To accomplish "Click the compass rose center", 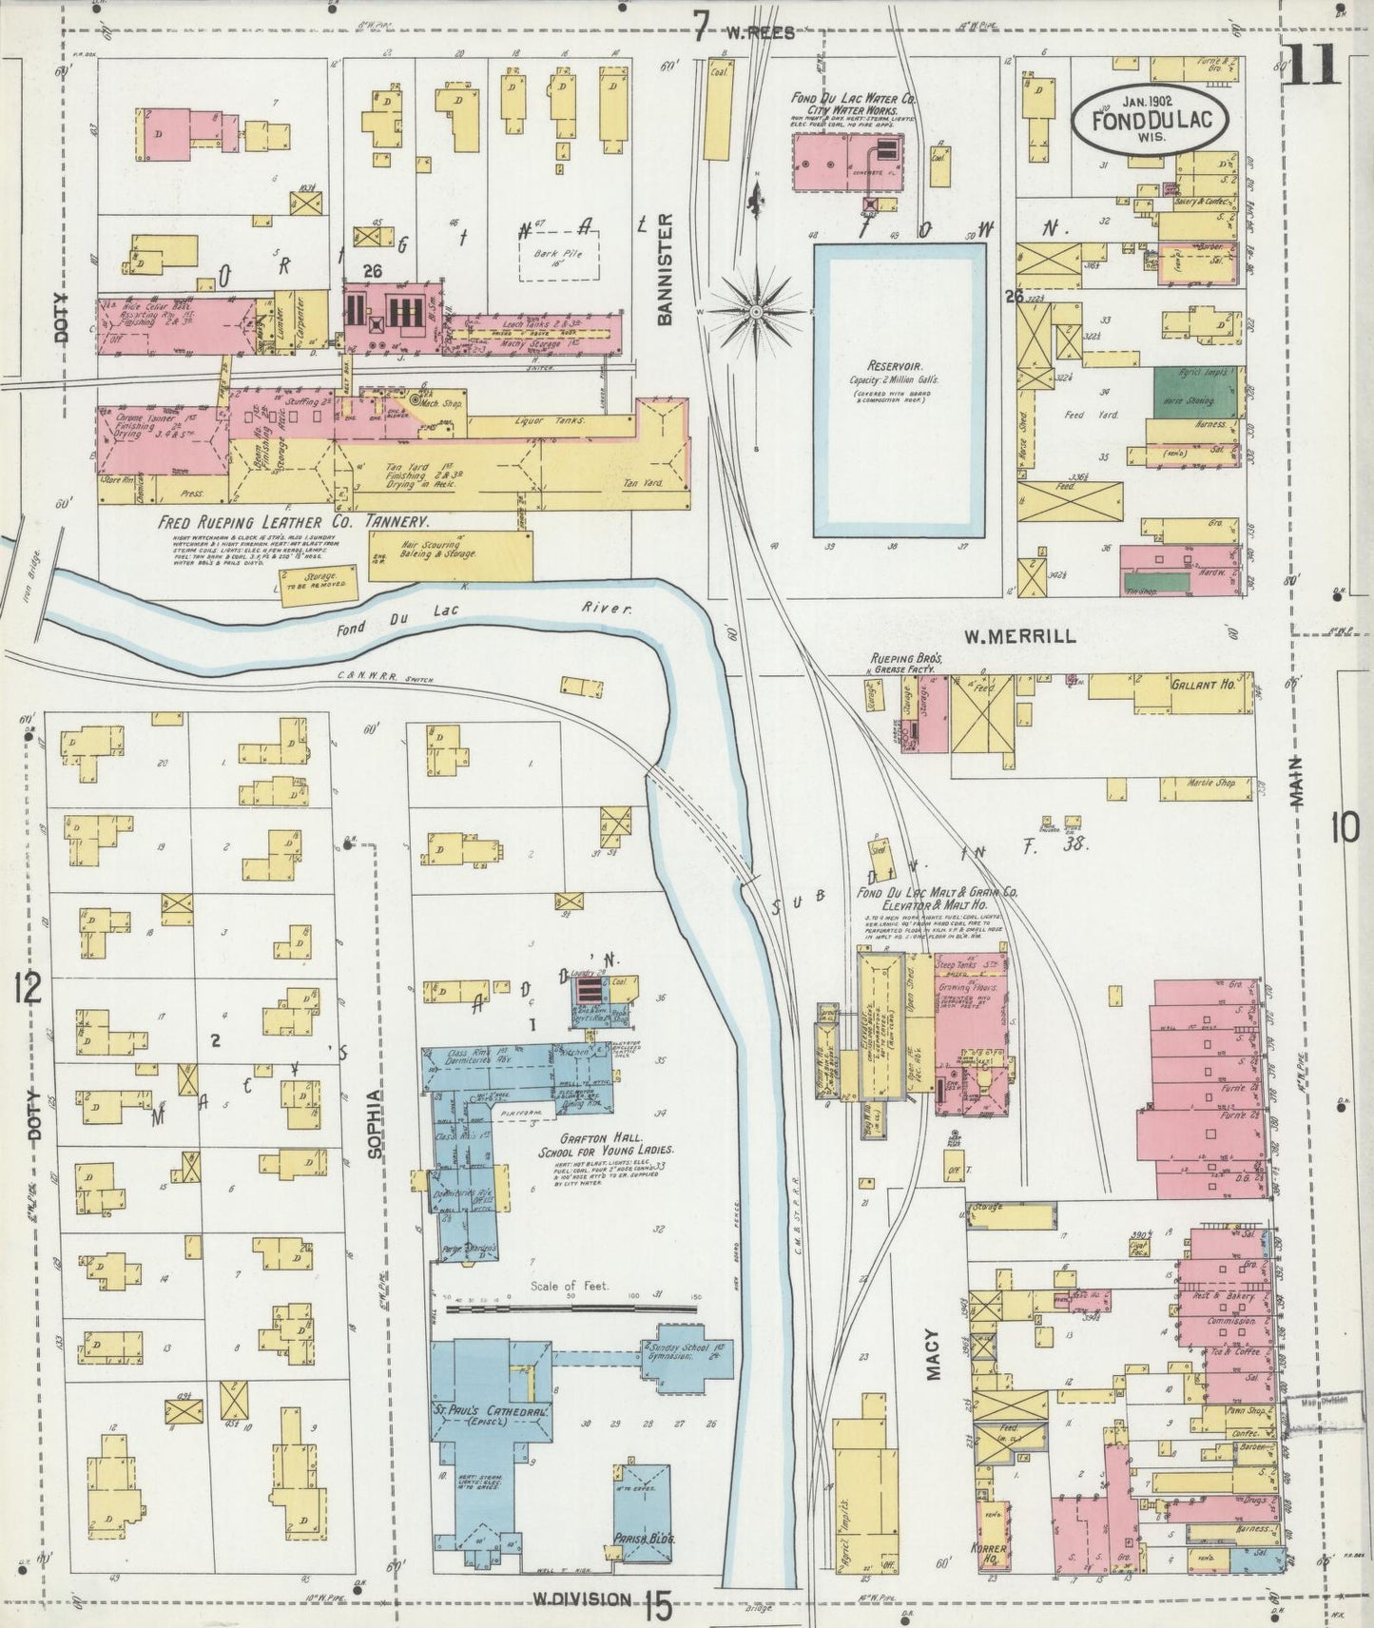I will point(756,311).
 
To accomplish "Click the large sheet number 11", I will point(1311,66).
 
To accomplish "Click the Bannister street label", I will point(665,269).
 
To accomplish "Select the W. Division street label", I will point(579,1598).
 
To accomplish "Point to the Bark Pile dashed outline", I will point(560,258).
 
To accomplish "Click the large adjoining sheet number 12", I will point(28,990).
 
